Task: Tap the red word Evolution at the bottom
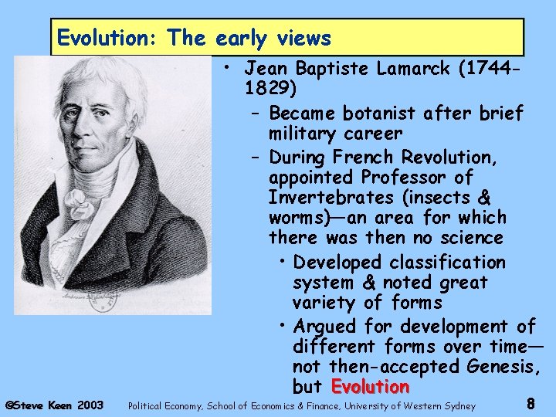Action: pos(370,386)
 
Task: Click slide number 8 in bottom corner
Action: pos(531,403)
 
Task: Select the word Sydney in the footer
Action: pos(458,405)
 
